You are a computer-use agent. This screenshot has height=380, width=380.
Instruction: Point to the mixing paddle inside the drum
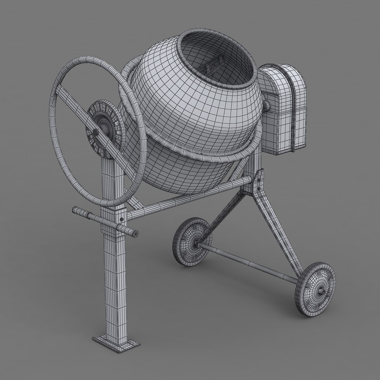tap(214, 65)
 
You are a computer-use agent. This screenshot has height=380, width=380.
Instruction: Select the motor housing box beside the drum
tap(283, 109)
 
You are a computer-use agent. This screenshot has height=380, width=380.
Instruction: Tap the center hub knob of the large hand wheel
tap(95, 132)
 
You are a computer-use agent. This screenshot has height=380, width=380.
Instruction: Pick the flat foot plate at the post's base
tap(116, 340)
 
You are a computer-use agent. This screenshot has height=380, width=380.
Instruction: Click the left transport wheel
tap(192, 241)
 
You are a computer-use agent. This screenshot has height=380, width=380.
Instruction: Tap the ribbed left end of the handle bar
tap(81, 213)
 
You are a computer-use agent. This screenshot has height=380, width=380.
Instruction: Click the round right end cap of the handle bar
tap(135, 233)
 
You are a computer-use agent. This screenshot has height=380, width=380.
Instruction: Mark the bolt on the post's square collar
tap(121, 219)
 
